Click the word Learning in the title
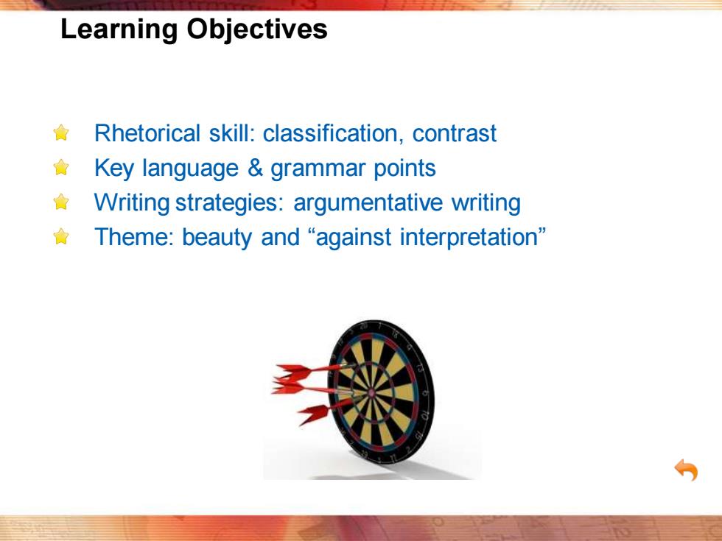pyautogui.click(x=119, y=30)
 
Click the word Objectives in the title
pyautogui.click(x=257, y=30)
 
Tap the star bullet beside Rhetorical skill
pyautogui.click(x=61, y=133)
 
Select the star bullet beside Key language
pyautogui.click(x=61, y=168)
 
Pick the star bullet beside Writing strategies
pyautogui.click(x=61, y=202)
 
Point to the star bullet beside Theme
pyautogui.click(x=61, y=236)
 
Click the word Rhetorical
pyautogui.click(x=147, y=133)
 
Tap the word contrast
pyautogui.click(x=455, y=134)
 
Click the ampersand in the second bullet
pyautogui.click(x=255, y=168)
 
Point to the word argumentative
pyautogui.click(x=368, y=203)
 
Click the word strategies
pyautogui.click(x=229, y=203)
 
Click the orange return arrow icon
pyautogui.click(x=686, y=470)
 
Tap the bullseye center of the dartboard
pyautogui.click(x=372, y=393)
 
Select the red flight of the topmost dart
pyautogui.click(x=293, y=371)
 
